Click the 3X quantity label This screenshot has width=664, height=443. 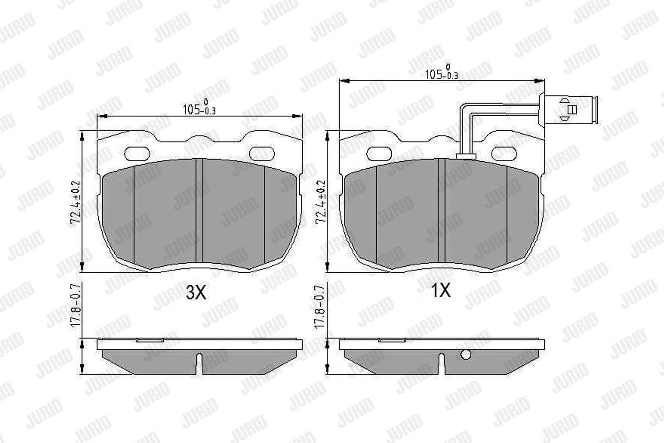point(196,292)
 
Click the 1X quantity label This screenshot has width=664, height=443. point(441,290)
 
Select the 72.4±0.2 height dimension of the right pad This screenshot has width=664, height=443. point(321,202)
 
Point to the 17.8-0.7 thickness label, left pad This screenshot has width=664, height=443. point(76,306)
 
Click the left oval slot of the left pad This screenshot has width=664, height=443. point(137,154)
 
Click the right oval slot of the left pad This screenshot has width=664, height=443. point(262,154)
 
